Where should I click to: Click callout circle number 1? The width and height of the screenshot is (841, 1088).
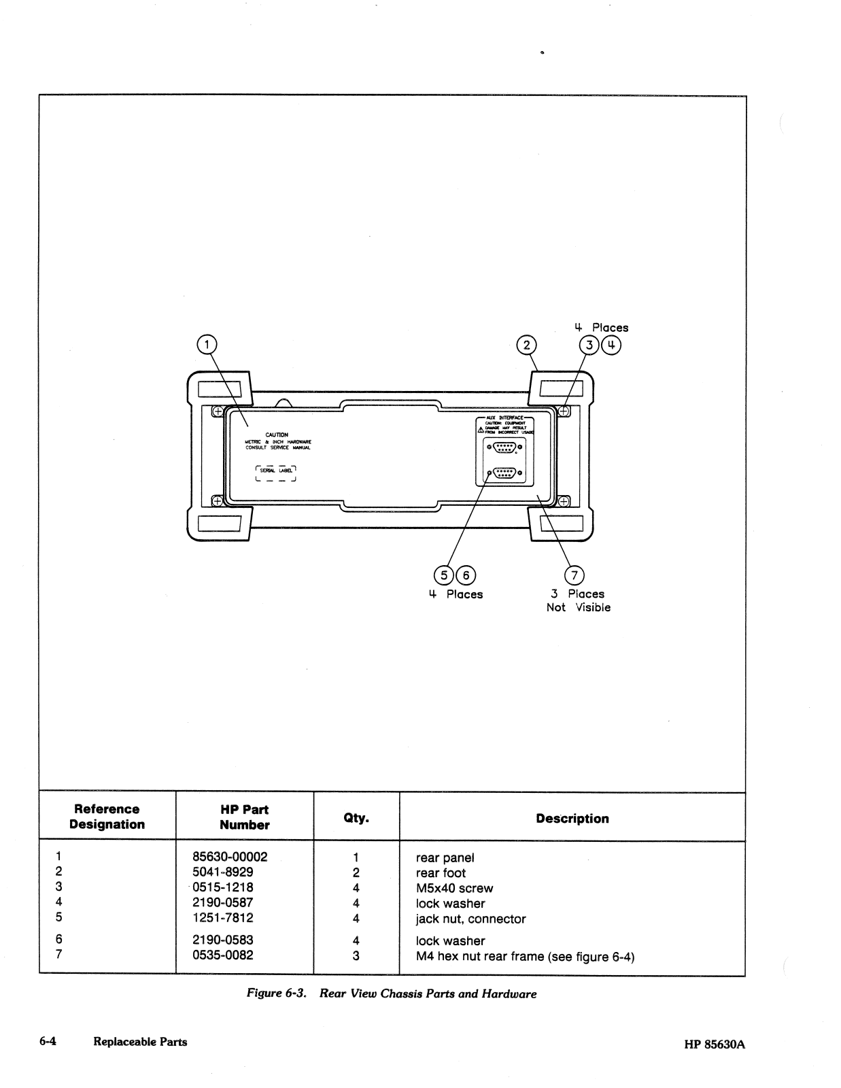207,345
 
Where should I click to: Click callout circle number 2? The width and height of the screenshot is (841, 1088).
526,345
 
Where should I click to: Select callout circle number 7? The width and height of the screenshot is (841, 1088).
574,575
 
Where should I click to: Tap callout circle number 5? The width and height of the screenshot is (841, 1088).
445,575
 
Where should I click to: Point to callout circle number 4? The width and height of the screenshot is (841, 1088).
612,345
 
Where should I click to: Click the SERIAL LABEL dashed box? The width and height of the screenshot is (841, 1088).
276,473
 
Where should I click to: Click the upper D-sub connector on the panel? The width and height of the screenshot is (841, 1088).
503,447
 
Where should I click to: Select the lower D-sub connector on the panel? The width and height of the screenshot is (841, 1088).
503,473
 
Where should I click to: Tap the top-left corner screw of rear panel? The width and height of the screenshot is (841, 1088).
217,411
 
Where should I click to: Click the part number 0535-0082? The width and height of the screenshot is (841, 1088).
223,955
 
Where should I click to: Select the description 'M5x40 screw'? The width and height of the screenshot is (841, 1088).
454,888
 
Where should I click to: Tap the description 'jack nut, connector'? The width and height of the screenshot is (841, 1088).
470,919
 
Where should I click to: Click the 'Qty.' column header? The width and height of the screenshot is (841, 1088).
356,818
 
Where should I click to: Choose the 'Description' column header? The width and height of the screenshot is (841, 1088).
572,818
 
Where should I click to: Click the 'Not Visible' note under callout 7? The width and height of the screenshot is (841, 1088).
578,607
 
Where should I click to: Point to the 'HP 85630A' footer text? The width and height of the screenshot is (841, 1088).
714,1044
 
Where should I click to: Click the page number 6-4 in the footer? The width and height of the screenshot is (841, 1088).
48,1041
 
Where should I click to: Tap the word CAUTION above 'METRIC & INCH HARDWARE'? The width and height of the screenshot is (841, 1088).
277,435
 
